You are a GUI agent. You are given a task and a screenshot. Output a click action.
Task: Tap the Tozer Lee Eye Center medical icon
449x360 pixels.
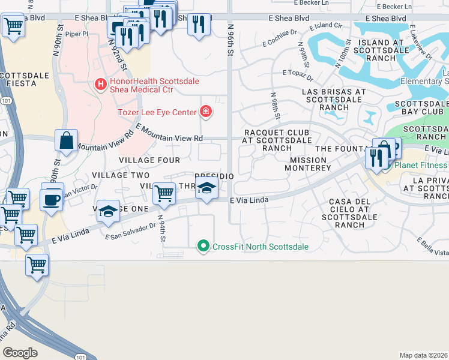point(205,112)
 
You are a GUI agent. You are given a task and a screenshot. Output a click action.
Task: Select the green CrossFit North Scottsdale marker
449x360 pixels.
point(203,246)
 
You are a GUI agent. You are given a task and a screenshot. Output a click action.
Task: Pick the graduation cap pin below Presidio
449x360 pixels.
point(206,188)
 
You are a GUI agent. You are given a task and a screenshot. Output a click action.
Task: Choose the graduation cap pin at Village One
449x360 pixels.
point(108,211)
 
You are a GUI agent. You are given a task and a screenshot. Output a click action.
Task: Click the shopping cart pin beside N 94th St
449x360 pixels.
point(164,193)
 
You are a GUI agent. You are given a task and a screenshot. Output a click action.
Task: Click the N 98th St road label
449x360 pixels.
point(274,105)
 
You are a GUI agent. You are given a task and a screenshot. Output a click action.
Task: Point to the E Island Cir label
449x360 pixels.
point(325,26)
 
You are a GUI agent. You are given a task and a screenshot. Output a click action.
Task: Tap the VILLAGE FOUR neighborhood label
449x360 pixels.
point(149,160)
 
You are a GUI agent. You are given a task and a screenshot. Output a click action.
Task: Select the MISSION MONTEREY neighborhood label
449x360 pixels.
point(310,164)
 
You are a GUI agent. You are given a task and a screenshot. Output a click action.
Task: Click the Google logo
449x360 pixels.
point(20,352)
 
